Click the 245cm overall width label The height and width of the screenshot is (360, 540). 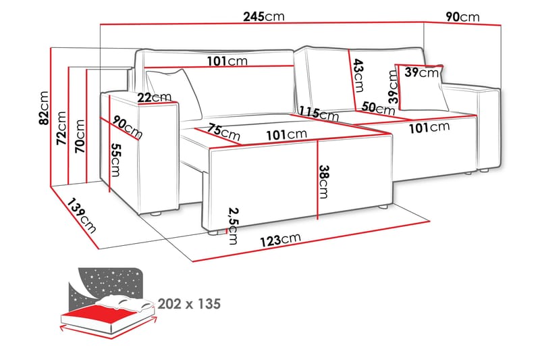[x=263, y=16]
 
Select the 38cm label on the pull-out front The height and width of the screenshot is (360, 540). [x=325, y=182]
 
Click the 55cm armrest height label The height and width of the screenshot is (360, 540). [x=116, y=159]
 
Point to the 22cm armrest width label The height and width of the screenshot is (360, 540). [x=154, y=97]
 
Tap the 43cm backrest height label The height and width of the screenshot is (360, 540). [x=358, y=75]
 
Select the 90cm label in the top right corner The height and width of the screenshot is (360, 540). [x=462, y=16]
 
